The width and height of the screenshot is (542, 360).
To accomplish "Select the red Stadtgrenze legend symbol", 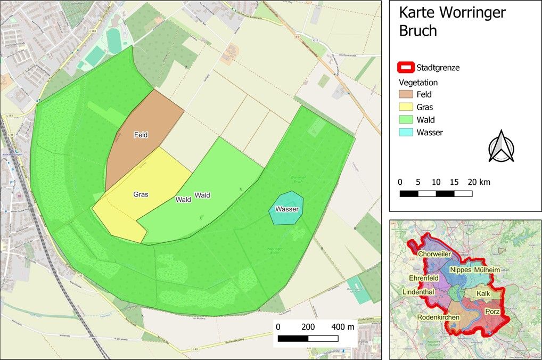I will point(406,68).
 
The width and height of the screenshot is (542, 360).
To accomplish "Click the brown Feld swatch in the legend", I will point(406,95).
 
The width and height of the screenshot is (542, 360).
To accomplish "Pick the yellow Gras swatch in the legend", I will point(406,107).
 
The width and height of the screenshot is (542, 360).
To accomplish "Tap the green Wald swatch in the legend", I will point(406,120).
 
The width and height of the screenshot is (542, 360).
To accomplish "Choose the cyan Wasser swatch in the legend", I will point(406,133).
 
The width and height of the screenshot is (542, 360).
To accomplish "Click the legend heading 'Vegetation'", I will point(418,83).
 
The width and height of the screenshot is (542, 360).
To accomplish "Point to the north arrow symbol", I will point(501,146).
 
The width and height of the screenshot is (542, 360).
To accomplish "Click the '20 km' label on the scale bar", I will point(479,182).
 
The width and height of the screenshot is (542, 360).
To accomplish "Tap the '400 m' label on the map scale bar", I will point(343,326).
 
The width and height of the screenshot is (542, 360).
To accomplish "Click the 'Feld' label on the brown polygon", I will point(141,135).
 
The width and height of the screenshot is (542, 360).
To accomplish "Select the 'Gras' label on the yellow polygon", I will point(141,194).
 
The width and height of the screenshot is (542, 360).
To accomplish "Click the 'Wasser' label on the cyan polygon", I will point(287,209).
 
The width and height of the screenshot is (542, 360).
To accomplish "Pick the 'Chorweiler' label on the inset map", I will point(438,254).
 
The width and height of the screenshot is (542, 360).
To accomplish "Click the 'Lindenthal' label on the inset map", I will point(419,293).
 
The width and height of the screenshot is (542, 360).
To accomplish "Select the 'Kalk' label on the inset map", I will point(483,293).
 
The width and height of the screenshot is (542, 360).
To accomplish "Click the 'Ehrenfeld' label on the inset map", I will point(424,278).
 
